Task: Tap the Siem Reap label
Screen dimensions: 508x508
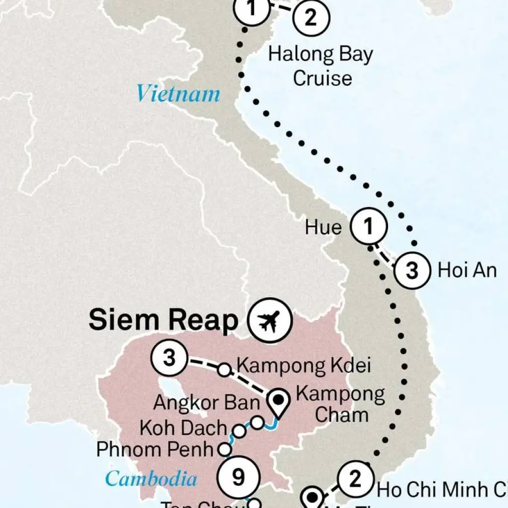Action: pyautogui.click(x=163, y=321)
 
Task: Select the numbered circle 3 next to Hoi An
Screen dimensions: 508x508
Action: pyautogui.click(x=412, y=270)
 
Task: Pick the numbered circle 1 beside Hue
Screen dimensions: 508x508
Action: pyautogui.click(x=368, y=227)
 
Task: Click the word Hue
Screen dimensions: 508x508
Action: pyautogui.click(x=323, y=228)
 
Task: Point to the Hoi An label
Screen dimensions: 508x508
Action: pyautogui.click(x=466, y=270)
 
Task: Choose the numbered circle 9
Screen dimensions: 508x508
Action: pyautogui.click(x=239, y=477)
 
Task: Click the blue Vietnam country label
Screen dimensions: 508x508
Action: pyautogui.click(x=178, y=94)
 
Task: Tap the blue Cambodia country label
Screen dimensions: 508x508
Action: pyautogui.click(x=151, y=479)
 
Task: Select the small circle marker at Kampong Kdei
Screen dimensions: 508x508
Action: pyautogui.click(x=224, y=370)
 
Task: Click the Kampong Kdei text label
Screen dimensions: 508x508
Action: pyautogui.click(x=304, y=366)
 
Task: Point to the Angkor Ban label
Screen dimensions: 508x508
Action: pyautogui.click(x=206, y=403)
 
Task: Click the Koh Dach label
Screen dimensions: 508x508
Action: pyautogui.click(x=183, y=428)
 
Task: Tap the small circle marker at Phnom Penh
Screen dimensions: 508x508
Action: pyautogui.click(x=225, y=449)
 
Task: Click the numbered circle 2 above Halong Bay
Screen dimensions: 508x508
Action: pyautogui.click(x=311, y=19)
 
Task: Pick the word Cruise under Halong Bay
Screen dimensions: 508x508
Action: pyautogui.click(x=322, y=78)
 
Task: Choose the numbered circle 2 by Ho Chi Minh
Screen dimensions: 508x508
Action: pyautogui.click(x=355, y=480)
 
